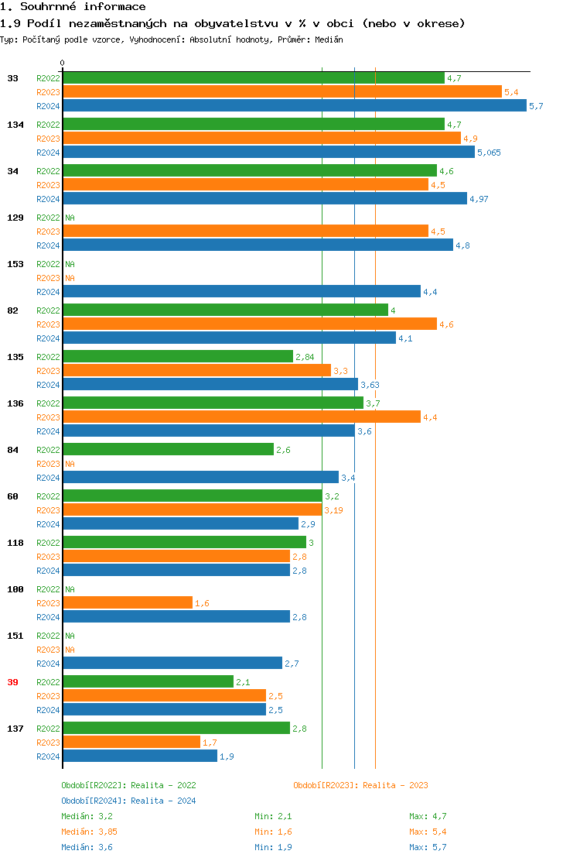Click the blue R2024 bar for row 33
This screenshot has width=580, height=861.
click(x=294, y=106)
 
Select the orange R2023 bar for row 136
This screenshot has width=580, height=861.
click(x=241, y=417)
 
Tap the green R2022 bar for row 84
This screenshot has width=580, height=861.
click(x=168, y=450)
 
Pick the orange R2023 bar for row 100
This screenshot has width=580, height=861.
click(x=128, y=603)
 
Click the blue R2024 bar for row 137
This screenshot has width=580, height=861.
click(x=139, y=756)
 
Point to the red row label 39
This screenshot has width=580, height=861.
click(x=12, y=682)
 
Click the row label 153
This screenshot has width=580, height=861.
click(x=15, y=264)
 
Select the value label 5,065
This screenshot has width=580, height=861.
click(x=489, y=153)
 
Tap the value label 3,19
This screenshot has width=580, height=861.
click(x=333, y=510)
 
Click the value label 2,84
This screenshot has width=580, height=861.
click(x=305, y=357)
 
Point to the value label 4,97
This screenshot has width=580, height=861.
click(x=479, y=199)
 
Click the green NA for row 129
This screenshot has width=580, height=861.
click(x=70, y=218)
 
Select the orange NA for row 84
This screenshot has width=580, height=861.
click(x=70, y=464)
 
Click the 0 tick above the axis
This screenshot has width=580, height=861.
click(x=63, y=63)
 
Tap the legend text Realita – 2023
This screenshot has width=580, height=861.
click(x=394, y=785)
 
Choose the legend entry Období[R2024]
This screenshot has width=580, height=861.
click(x=94, y=801)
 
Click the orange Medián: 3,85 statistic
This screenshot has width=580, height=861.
click(x=89, y=832)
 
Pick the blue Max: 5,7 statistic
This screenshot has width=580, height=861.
click(x=428, y=847)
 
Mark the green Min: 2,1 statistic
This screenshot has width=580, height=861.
click(x=273, y=816)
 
